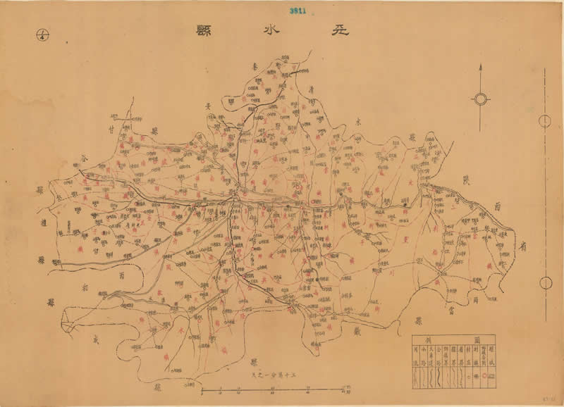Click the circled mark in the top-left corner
coord(40,33)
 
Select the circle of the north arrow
coord(480,99)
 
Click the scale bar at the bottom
coord(276,389)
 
